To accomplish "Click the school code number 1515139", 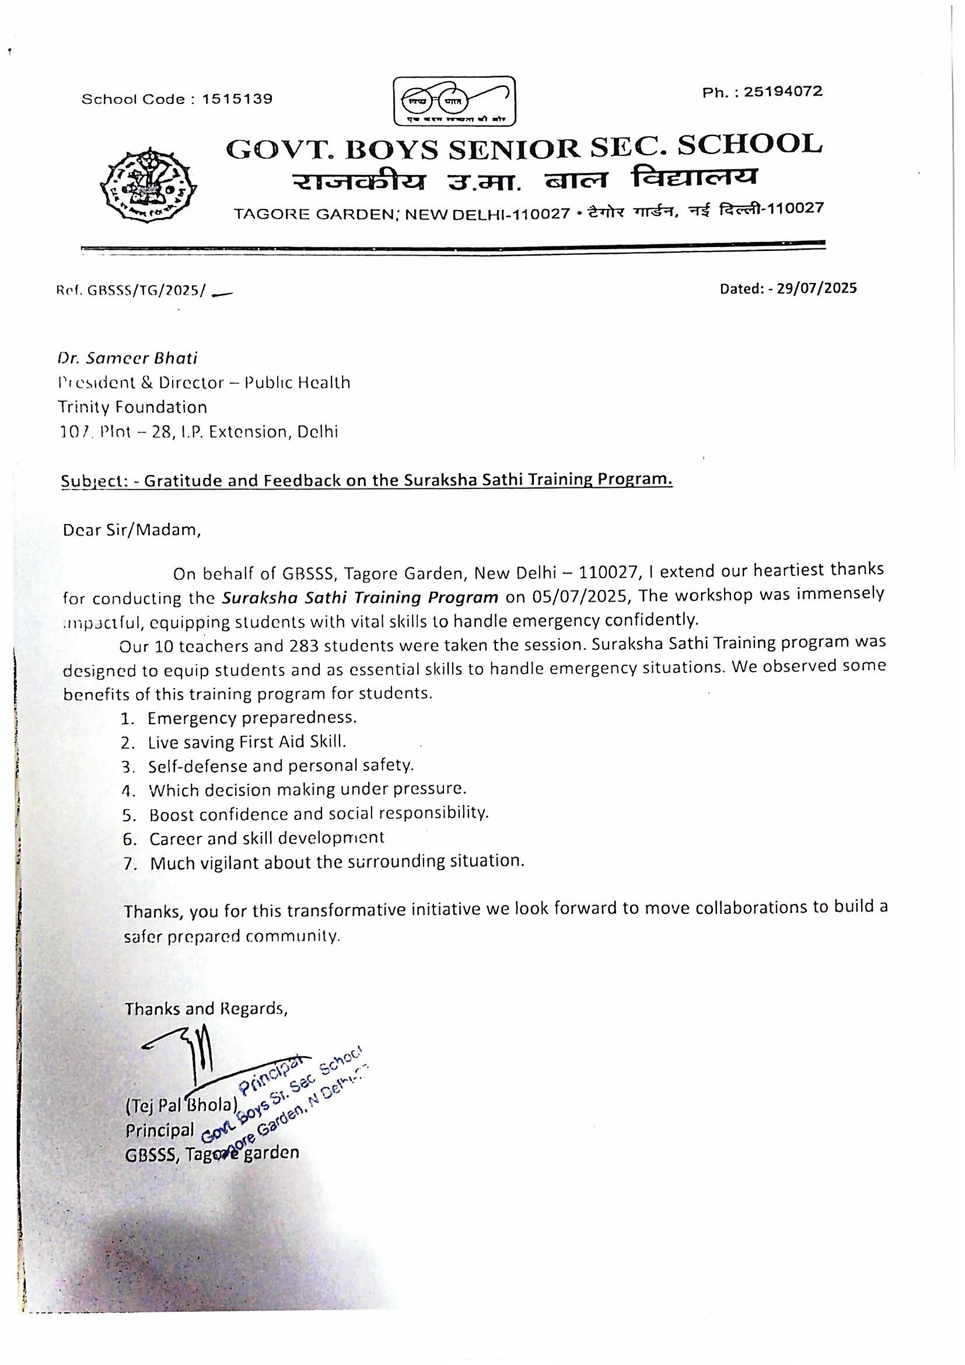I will [x=237, y=99].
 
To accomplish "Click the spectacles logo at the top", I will [x=455, y=101].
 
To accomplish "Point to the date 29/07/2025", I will [x=816, y=288].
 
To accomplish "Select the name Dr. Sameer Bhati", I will [x=127, y=358].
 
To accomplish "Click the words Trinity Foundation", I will [x=132, y=407].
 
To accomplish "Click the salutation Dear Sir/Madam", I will [x=132, y=530].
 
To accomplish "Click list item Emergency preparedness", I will [x=252, y=718].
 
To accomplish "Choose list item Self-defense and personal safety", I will [x=281, y=766].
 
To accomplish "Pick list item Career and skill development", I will [x=266, y=838].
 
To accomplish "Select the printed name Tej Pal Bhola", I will [x=182, y=1105].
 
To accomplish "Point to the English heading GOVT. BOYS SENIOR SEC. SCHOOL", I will [x=524, y=148].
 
